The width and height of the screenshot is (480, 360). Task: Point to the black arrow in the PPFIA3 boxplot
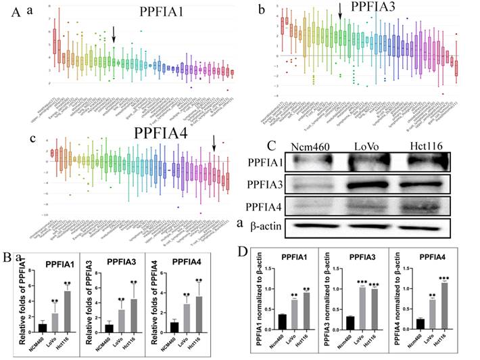pos(340,12)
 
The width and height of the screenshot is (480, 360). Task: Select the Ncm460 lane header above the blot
pos(311,147)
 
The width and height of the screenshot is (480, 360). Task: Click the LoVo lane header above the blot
pos(369,147)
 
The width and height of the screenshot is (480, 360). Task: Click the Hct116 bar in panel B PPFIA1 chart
pos(68,311)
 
